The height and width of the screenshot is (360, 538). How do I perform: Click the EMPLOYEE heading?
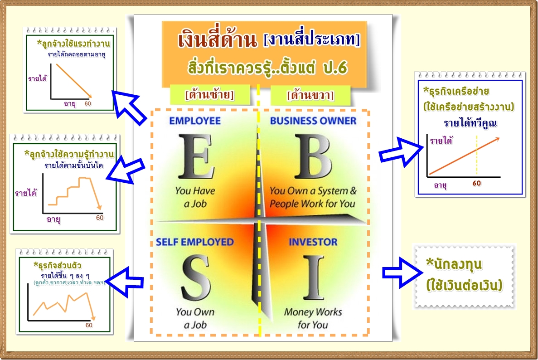coord(194,121)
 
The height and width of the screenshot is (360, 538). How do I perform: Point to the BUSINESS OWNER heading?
coord(313,121)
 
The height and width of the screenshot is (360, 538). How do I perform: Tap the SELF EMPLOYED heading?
coord(194,242)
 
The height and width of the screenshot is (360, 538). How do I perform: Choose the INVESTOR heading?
coord(313,242)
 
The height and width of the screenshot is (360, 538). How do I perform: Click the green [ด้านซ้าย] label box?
coord(209,96)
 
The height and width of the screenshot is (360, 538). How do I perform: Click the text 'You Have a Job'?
coord(195,197)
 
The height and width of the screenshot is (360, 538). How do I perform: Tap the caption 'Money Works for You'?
coord(313,318)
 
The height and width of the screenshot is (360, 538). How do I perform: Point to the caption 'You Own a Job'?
coord(195,318)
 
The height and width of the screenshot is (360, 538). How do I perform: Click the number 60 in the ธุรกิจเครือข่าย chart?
coord(476,184)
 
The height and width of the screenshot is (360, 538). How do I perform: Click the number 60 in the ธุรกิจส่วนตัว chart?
coord(89,325)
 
